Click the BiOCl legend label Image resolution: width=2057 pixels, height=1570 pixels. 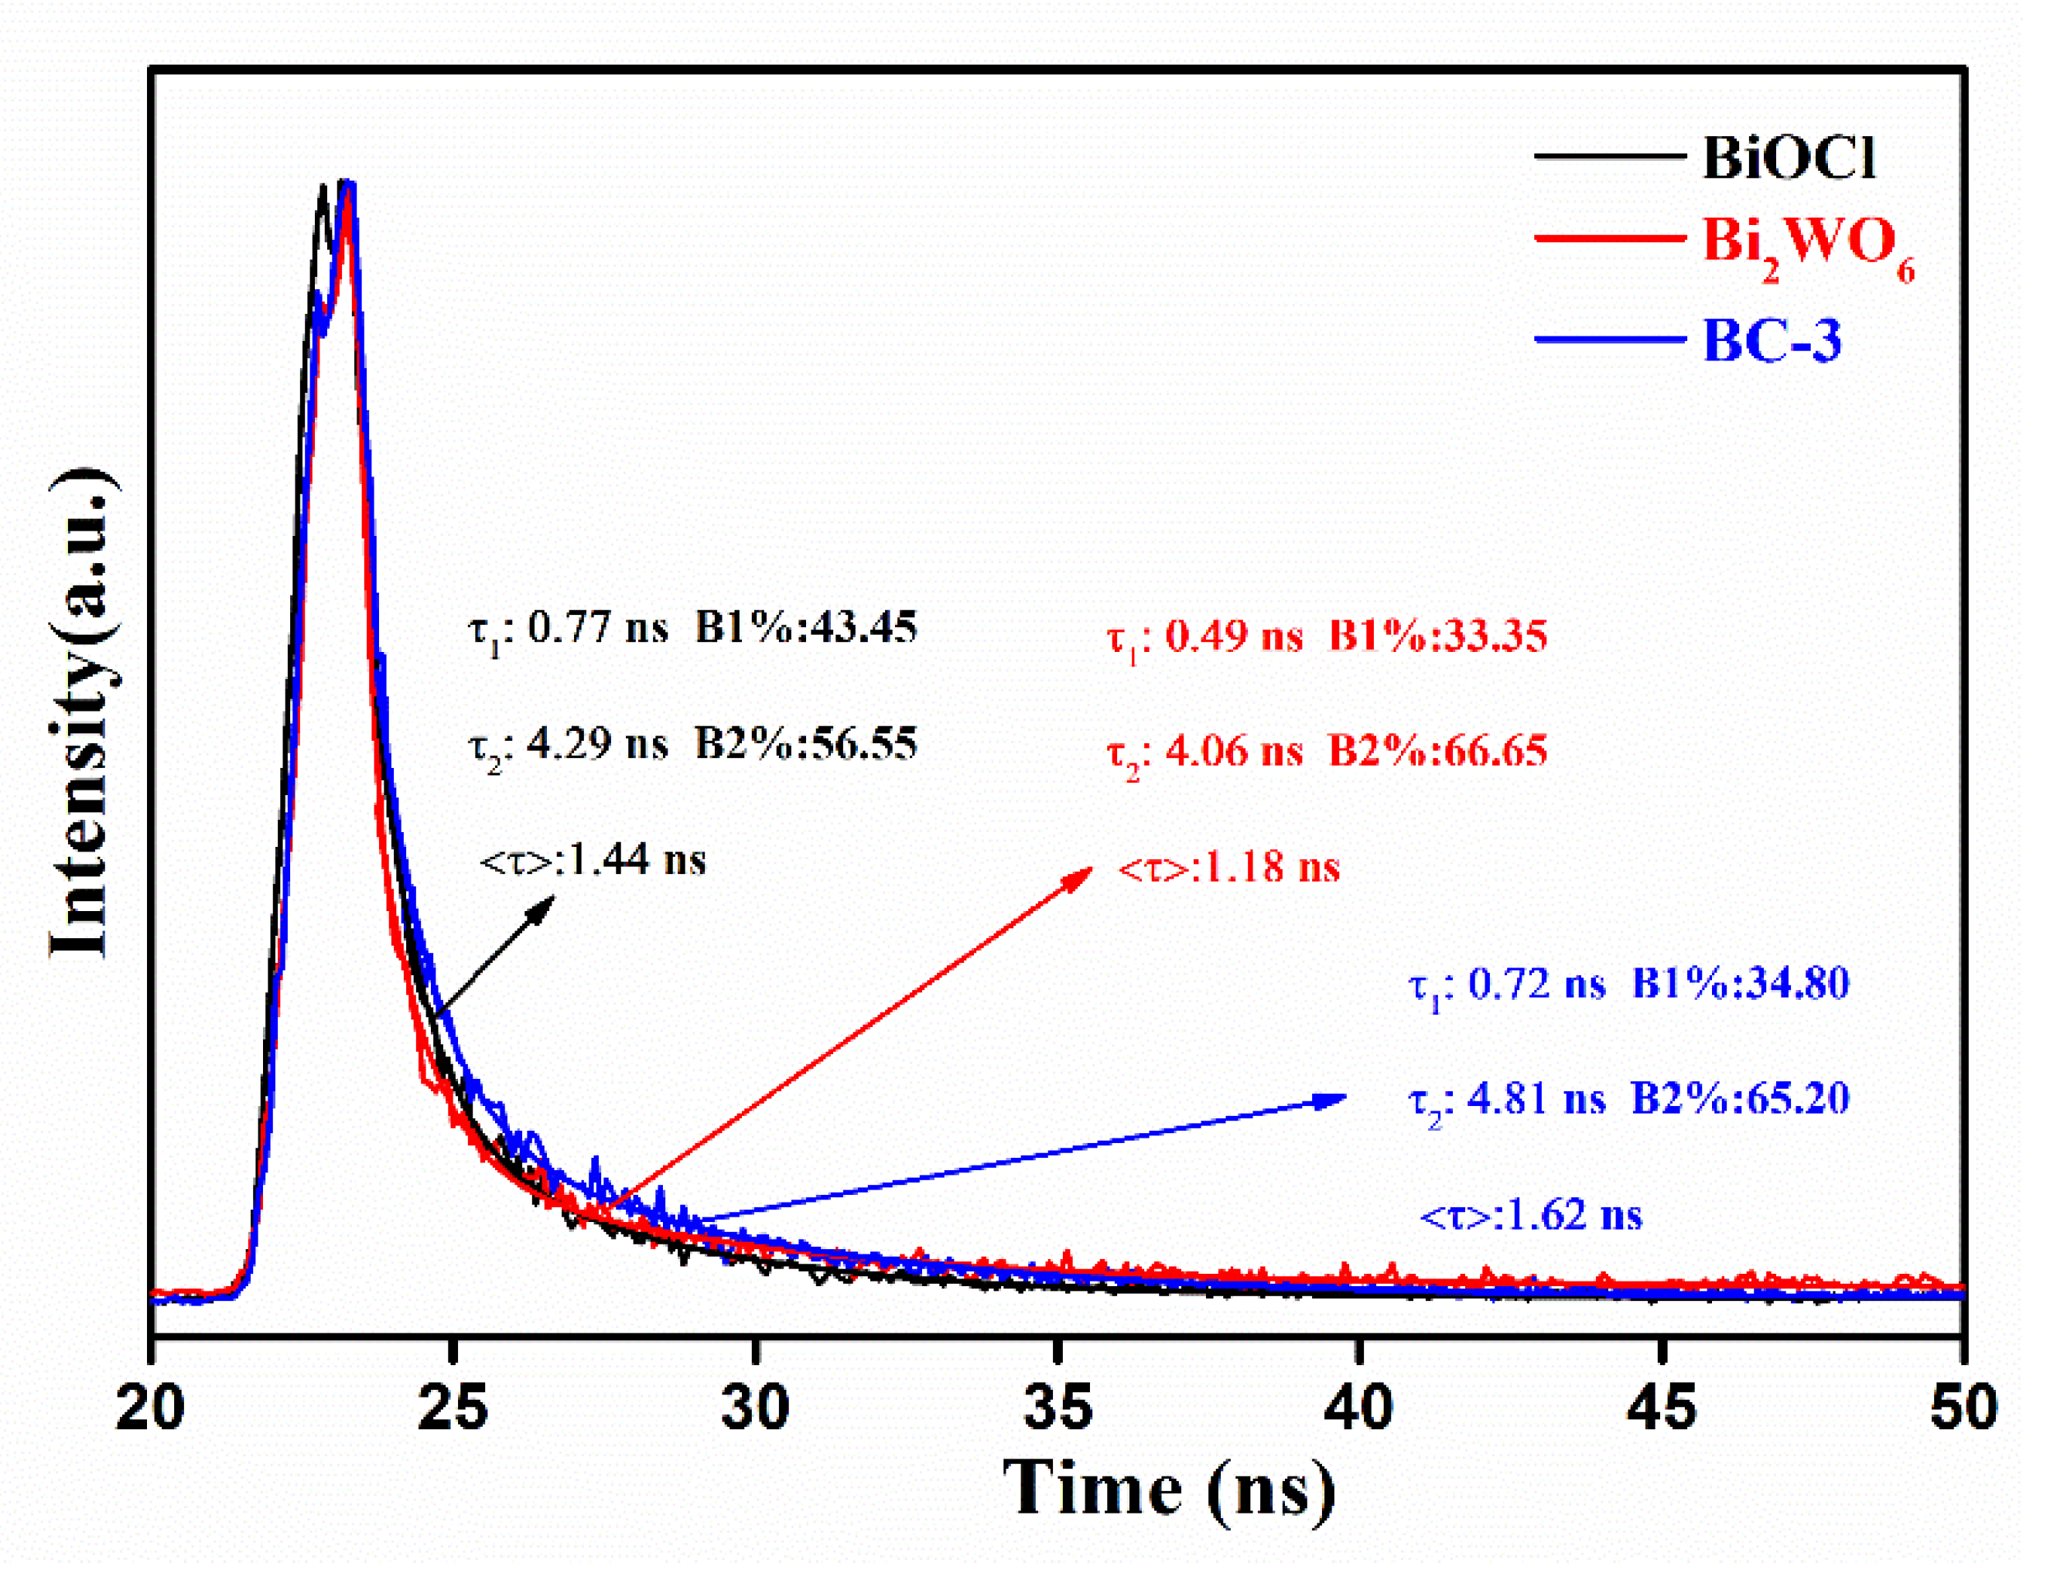[x=1788, y=157]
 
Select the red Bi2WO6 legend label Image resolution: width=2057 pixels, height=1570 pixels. [x=1806, y=245]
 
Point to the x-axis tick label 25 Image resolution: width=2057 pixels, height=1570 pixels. [x=453, y=1407]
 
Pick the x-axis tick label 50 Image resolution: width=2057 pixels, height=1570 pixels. [x=1963, y=1407]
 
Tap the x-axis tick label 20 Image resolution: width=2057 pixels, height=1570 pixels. [x=149, y=1407]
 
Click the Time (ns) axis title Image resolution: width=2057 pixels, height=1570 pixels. [x=1168, y=1490]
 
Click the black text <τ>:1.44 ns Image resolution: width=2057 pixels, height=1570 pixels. [x=592, y=860]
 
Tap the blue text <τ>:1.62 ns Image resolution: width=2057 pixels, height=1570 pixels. [x=1530, y=1216]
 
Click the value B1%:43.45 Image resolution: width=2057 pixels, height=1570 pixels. [x=805, y=627]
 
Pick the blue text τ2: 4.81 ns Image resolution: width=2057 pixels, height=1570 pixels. [x=1506, y=1099]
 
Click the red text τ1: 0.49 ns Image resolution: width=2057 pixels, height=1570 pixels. [x=1204, y=637]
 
